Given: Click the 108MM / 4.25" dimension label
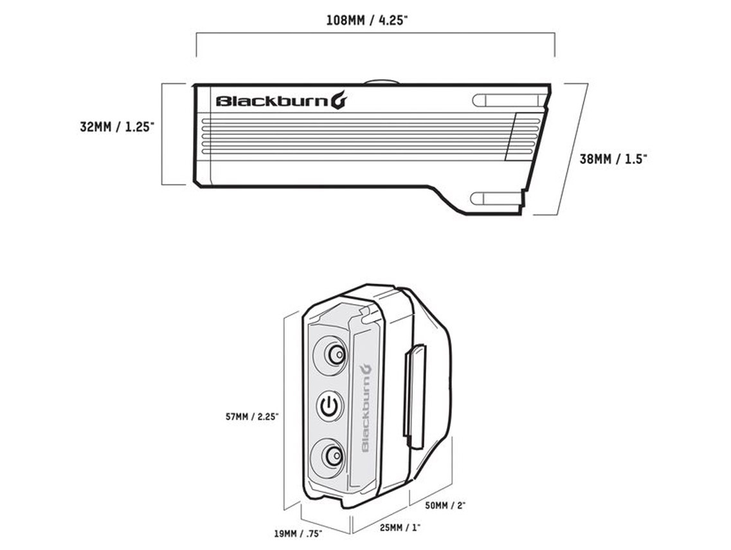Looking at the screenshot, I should coord(367,19).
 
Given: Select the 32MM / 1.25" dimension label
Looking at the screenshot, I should coord(116,127).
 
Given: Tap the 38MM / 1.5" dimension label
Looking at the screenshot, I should coord(613,159).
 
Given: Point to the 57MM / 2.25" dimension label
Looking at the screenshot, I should coord(251,417).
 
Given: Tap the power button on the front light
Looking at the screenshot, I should coord(330,406).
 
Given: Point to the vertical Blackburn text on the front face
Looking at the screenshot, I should coord(364,412).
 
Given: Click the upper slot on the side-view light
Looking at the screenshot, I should coord(505,100).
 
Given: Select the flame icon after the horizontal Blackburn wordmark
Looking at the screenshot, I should coord(339,100).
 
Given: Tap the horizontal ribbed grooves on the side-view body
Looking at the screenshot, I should coord(354,136).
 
